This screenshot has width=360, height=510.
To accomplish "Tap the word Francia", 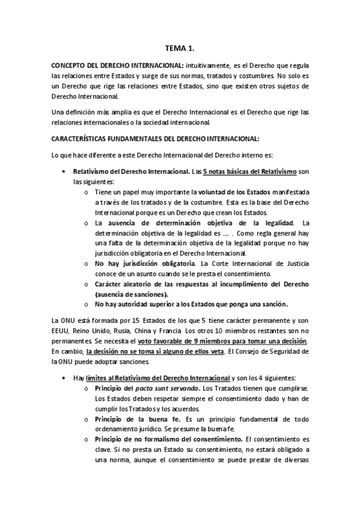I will pos(172,330).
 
